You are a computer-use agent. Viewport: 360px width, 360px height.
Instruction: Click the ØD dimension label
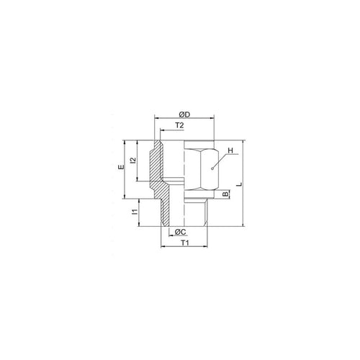point(184,114)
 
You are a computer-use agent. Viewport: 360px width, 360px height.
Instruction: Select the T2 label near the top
point(179,125)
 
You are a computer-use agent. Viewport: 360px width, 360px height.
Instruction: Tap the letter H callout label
point(230,150)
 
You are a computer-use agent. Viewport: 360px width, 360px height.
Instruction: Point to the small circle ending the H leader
point(212,168)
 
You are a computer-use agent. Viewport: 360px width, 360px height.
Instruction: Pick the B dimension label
point(225,194)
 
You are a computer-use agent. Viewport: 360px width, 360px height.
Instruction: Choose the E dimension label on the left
point(122,167)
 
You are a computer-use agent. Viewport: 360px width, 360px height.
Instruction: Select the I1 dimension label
point(135,212)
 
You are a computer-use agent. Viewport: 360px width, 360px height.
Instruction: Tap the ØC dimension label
point(181,232)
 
